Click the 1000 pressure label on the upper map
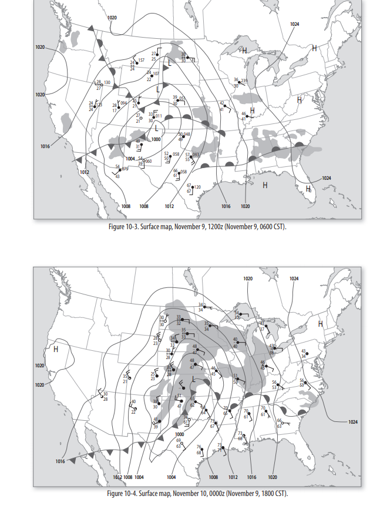tap(156, 139)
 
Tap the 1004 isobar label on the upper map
tap(130, 159)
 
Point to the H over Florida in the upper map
tap(308, 188)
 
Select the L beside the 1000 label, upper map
tap(156, 128)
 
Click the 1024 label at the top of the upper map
tap(294, 24)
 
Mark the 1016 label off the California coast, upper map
tap(45, 146)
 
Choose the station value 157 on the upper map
tap(141, 61)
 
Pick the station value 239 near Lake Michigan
tap(244, 80)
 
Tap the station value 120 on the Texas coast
tap(197, 187)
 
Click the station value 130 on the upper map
tap(107, 82)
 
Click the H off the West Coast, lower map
tap(56, 349)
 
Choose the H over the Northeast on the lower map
tap(321, 323)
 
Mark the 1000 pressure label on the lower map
tap(180, 434)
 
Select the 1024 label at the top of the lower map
tap(294, 278)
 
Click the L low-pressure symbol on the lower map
tap(193, 378)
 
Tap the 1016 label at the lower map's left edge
tap(60, 461)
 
